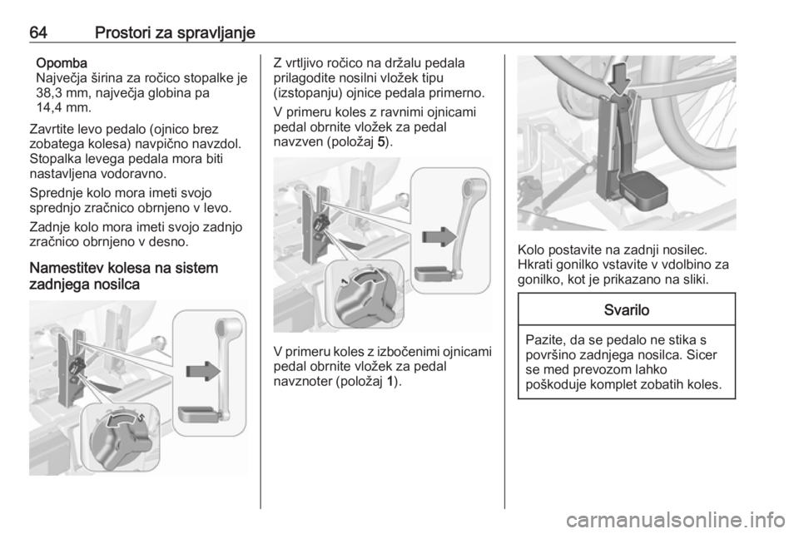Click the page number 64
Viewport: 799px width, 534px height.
coord(38,33)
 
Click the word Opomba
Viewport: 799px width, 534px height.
coord(62,63)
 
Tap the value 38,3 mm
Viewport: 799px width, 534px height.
coord(58,93)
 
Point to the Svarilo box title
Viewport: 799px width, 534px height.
coord(626,309)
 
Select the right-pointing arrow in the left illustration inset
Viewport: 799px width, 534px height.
coord(203,371)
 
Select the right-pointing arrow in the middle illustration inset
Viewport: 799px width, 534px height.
coord(439,237)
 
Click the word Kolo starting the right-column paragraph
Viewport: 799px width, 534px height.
coord(532,250)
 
